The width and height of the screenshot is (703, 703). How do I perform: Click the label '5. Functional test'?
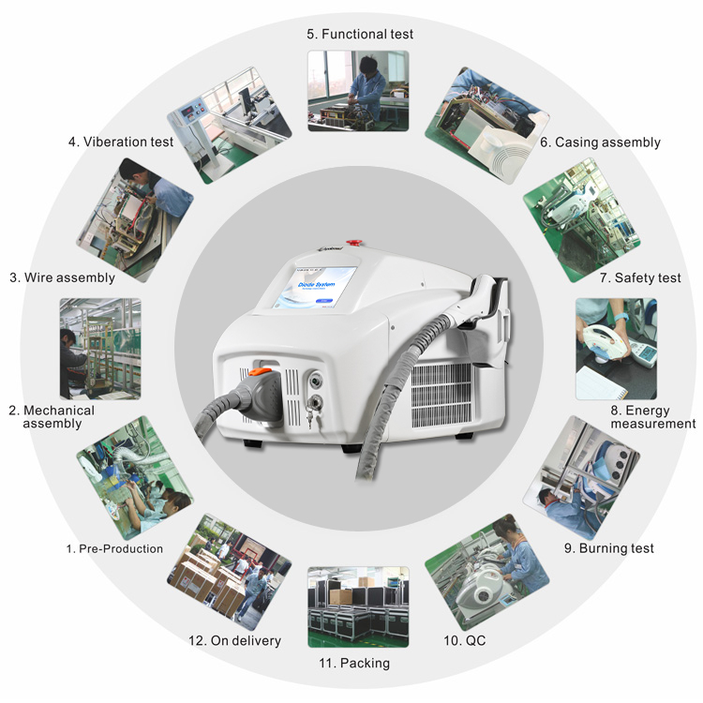coord(360,35)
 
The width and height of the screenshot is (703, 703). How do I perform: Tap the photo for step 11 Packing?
coord(358,606)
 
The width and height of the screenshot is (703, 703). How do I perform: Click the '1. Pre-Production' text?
coord(114,548)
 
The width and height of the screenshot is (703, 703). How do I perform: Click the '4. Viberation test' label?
coord(121,142)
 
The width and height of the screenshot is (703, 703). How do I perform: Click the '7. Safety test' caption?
coord(640,277)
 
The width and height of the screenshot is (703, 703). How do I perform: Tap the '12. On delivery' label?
coord(234,641)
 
